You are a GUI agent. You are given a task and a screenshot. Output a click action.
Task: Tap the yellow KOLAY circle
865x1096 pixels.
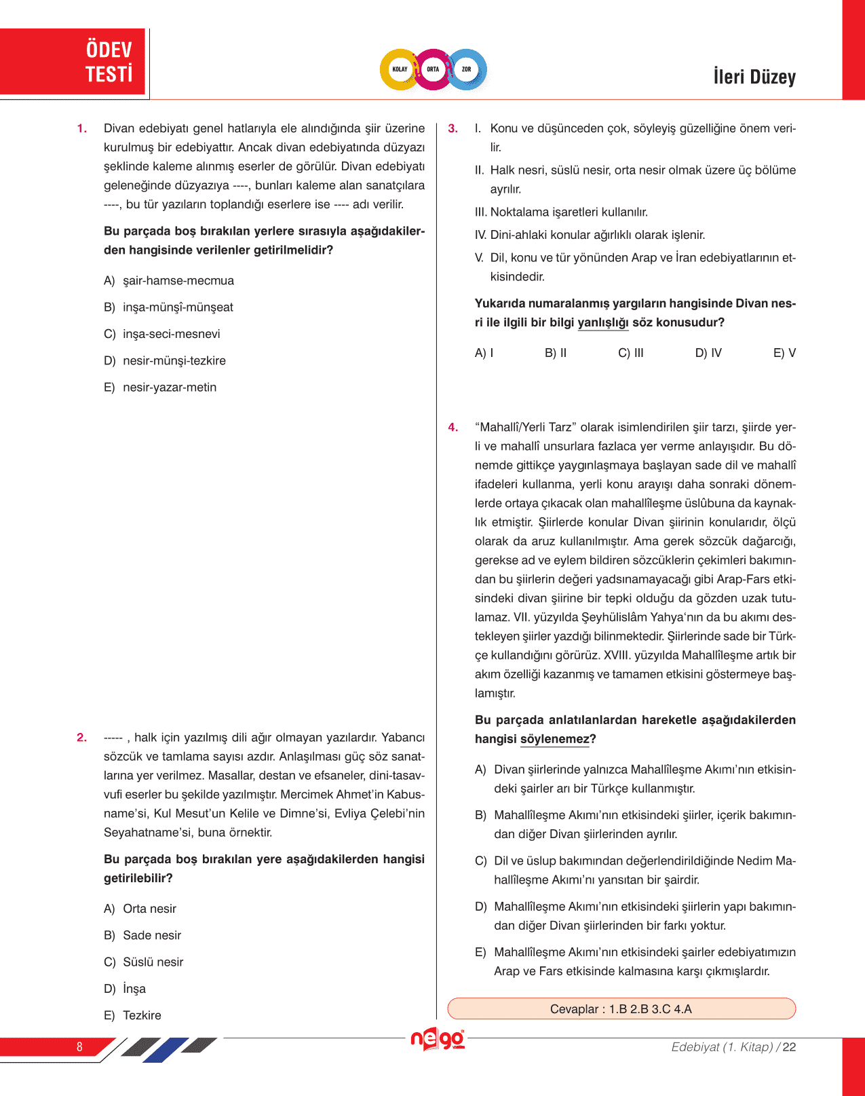coord(400,69)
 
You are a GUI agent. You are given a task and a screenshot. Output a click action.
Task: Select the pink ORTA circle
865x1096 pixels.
coord(433,69)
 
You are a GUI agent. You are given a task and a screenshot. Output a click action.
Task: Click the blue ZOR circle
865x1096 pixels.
coord(467,69)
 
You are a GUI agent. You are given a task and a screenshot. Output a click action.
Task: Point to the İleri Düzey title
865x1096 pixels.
coord(754,77)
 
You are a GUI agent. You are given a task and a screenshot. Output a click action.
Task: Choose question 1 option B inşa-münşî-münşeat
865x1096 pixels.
coord(177,307)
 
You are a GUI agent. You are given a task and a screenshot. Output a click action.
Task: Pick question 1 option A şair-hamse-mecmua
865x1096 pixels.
coord(178,281)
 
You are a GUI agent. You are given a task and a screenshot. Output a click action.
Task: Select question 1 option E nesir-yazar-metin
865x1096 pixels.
coord(169,388)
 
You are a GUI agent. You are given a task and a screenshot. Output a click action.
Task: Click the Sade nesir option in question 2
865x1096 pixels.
coord(151,936)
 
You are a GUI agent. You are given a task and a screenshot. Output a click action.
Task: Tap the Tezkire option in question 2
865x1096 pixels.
coord(141,1016)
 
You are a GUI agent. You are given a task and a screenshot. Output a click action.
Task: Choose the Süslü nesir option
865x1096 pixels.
coord(153,962)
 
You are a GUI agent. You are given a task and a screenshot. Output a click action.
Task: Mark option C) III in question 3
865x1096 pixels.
coord(631,353)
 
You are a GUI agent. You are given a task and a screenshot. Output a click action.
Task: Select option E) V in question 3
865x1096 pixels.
coord(784,353)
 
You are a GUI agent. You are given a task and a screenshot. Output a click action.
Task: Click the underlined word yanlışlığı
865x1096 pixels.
coord(603,323)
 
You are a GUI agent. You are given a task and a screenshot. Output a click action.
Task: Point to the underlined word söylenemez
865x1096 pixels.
coord(555,740)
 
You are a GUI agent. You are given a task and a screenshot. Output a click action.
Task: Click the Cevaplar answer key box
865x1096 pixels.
coord(621,1009)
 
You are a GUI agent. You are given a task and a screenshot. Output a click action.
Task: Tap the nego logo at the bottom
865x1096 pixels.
coord(438,1040)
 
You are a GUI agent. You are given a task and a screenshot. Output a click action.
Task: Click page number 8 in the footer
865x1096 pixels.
coord(79,1047)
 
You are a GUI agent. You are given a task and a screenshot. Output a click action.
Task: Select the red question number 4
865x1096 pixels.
coord(453,428)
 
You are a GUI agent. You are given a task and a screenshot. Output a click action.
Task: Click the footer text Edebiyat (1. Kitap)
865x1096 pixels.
coord(722,1047)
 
